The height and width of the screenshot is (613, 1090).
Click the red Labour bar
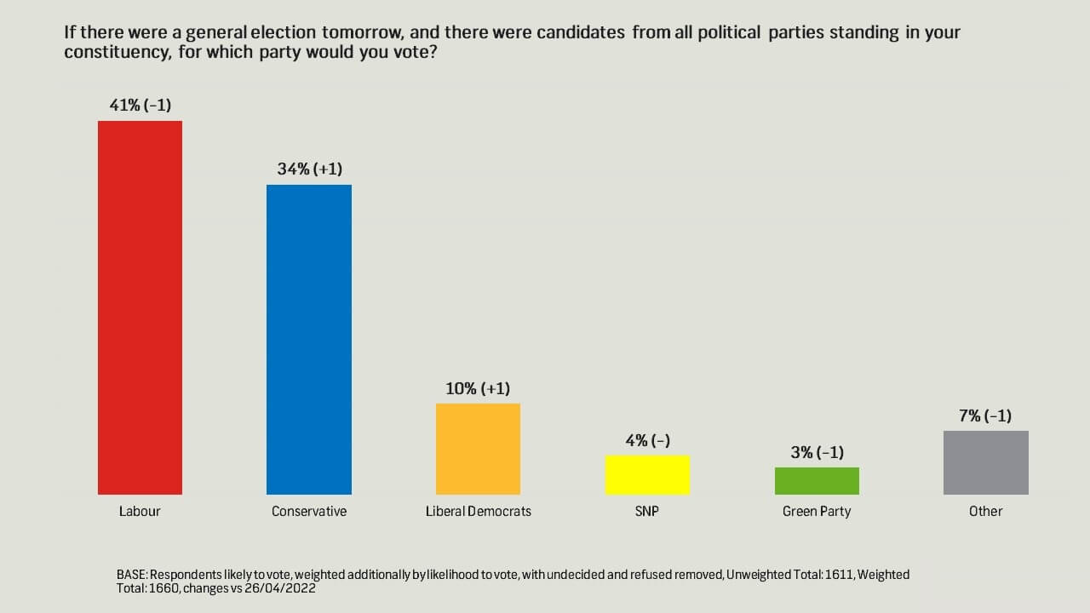[x=140, y=307]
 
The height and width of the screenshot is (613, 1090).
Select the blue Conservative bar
[x=308, y=340]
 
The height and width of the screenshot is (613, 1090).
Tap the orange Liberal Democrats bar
[x=478, y=449]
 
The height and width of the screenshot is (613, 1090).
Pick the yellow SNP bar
[x=647, y=475]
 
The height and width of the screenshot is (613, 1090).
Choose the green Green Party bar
[x=817, y=481]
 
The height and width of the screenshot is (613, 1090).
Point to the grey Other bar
[x=985, y=462]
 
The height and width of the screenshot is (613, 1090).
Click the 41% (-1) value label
[x=140, y=106]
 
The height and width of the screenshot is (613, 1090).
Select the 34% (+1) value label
[x=309, y=169]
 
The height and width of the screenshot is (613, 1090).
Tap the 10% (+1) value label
[x=478, y=388]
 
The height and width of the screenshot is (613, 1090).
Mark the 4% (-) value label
[x=647, y=440]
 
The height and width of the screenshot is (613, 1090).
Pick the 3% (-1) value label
[x=817, y=452]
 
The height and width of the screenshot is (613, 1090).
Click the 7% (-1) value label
[x=985, y=415]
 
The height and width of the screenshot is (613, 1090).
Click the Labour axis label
[x=140, y=512]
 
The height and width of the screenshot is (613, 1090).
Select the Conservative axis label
[x=309, y=512]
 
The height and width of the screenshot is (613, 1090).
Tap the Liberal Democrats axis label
[x=478, y=512]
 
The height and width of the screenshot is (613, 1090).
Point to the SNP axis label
[x=647, y=512]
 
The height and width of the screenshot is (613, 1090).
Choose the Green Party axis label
[x=817, y=512]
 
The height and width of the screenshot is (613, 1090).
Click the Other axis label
[x=985, y=512]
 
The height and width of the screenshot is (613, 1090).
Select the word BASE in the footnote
[x=131, y=575]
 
